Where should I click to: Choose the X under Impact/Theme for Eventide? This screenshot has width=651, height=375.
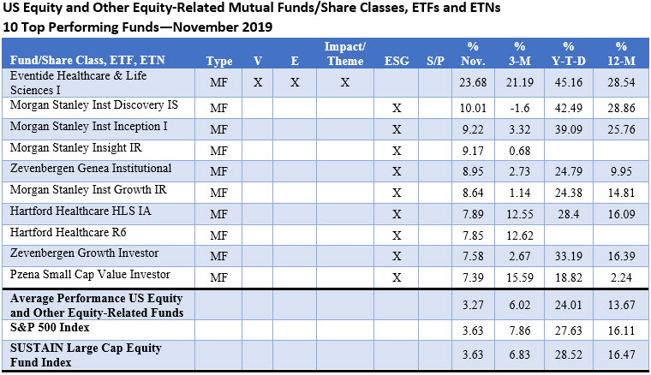[345, 84]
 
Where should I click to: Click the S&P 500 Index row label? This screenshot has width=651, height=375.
[51, 327]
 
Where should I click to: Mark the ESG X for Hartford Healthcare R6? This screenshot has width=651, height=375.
[396, 235]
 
